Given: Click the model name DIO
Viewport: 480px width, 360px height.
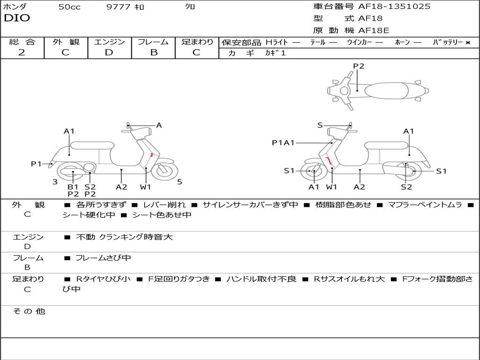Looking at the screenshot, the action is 17,18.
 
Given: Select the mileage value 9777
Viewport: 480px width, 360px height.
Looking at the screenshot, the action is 118,7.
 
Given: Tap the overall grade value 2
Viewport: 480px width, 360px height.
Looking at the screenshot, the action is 22,52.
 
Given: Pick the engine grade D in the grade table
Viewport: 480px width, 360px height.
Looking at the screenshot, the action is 109,52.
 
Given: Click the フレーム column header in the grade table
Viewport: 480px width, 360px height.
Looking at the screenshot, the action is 153,42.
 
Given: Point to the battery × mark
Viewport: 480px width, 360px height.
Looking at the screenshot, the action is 467,43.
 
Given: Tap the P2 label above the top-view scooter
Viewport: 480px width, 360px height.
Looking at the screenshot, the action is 359,66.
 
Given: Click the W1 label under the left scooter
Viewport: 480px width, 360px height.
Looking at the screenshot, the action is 146,187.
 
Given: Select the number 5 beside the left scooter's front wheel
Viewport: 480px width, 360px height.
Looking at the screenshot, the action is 180,182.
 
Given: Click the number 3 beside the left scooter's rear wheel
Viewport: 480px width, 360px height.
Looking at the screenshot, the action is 55,182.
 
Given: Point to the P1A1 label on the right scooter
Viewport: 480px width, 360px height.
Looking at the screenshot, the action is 283,142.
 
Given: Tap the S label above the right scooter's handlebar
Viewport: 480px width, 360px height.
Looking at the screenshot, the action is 320,125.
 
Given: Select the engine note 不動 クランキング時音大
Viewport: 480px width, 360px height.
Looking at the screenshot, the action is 124,237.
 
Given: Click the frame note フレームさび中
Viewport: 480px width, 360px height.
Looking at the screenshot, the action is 103,258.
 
